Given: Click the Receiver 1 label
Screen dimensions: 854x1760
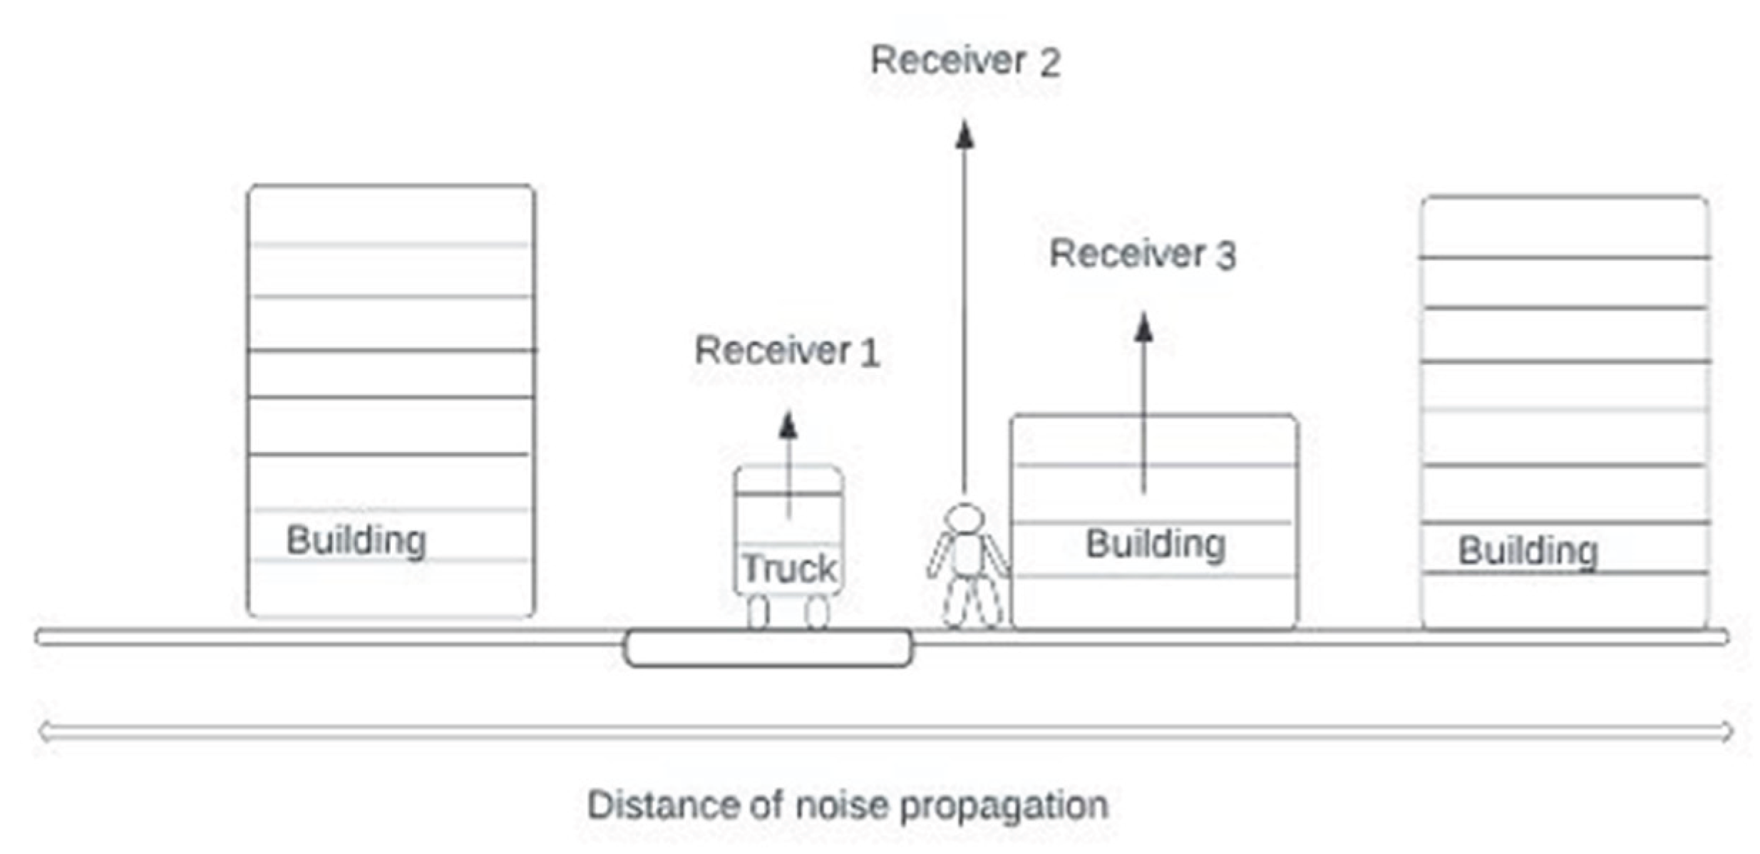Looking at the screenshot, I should pyautogui.click(x=787, y=351).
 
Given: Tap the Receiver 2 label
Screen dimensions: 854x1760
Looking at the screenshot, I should pyautogui.click(x=965, y=61).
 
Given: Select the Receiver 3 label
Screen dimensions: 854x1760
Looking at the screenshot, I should pyautogui.click(x=1143, y=254).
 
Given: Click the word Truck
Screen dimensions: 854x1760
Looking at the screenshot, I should pyautogui.click(x=789, y=568).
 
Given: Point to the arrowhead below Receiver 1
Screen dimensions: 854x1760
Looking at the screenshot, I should pyautogui.click(x=788, y=426).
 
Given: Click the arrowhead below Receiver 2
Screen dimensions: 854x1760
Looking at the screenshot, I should pyautogui.click(x=964, y=135).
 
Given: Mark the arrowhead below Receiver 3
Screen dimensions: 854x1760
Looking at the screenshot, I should pyautogui.click(x=1144, y=327).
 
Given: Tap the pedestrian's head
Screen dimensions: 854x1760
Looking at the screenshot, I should pyautogui.click(x=964, y=518).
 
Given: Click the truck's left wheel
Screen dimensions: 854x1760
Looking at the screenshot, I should pyautogui.click(x=758, y=612).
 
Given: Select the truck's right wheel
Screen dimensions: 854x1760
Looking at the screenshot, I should pyautogui.click(x=817, y=612).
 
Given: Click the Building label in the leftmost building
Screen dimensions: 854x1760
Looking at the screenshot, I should pyautogui.click(x=356, y=540).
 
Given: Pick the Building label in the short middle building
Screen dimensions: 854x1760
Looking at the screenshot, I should pyautogui.click(x=1156, y=545).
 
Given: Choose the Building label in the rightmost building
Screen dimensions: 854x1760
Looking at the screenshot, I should pyautogui.click(x=1528, y=551).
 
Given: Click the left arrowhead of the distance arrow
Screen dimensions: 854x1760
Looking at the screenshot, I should pyautogui.click(x=44, y=731).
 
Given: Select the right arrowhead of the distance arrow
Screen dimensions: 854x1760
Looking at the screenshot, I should pyautogui.click(x=1726, y=731).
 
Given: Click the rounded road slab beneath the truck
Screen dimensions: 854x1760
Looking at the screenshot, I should pyautogui.click(x=768, y=648).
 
